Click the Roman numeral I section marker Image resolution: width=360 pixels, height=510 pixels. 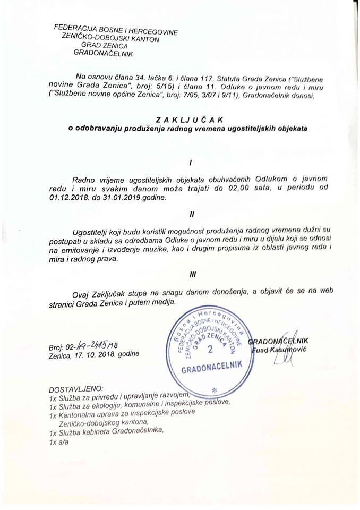(x=190, y=161)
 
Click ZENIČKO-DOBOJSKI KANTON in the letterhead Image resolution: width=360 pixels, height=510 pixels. (x=112, y=38)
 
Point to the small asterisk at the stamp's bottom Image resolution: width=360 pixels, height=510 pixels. (x=215, y=392)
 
